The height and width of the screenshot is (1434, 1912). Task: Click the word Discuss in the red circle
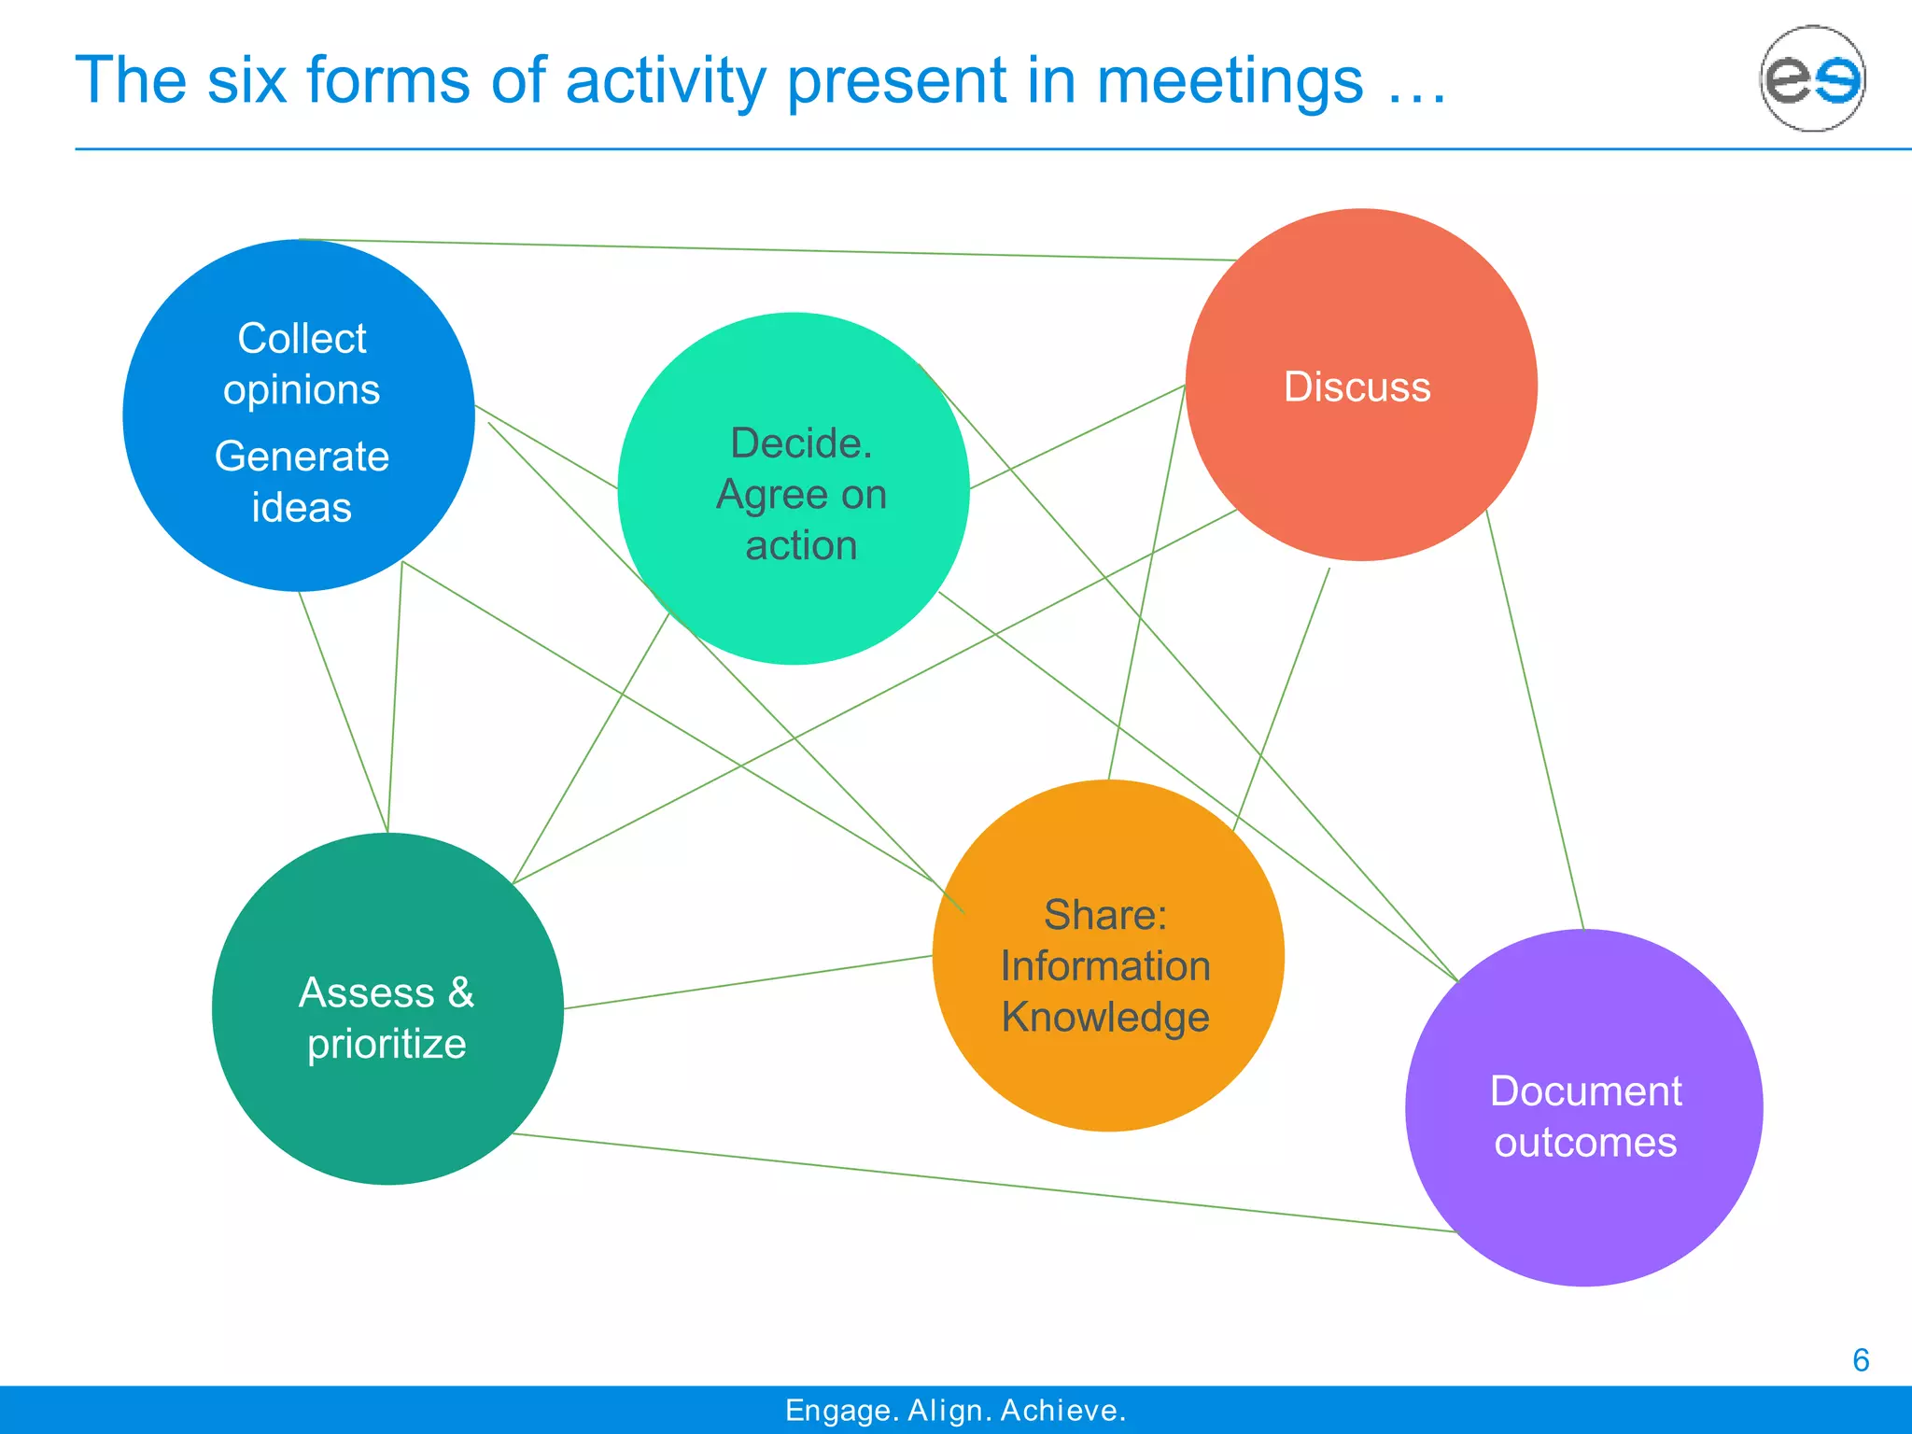(x=1357, y=387)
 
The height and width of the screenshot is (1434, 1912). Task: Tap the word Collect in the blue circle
(x=302, y=338)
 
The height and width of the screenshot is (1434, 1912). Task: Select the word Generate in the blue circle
(x=302, y=457)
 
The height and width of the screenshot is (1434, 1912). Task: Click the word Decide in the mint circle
(x=799, y=443)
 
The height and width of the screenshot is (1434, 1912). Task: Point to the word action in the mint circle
(x=801, y=545)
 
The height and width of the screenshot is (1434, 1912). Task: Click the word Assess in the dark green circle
(x=367, y=992)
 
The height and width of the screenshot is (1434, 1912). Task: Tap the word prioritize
(x=387, y=1044)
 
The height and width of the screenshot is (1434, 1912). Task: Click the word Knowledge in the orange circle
(x=1105, y=1018)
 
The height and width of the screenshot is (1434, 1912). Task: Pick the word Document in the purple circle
(x=1585, y=1091)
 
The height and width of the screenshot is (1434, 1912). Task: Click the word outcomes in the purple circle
(x=1585, y=1143)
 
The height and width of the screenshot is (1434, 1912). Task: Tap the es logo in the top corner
(x=1812, y=78)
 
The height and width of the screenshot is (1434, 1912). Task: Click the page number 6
(x=1861, y=1360)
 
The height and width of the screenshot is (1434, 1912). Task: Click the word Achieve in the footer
(x=1061, y=1410)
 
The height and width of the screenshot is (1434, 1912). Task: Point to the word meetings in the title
(x=1230, y=80)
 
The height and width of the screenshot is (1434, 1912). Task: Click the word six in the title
(x=246, y=80)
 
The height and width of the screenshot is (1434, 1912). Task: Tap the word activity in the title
(x=666, y=80)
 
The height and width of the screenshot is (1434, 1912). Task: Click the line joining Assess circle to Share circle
(x=747, y=982)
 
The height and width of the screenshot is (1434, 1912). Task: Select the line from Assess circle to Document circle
(x=980, y=1183)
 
